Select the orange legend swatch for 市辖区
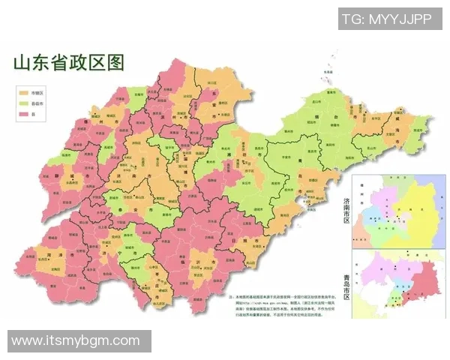click(23, 88)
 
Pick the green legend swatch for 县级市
click(23, 101)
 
